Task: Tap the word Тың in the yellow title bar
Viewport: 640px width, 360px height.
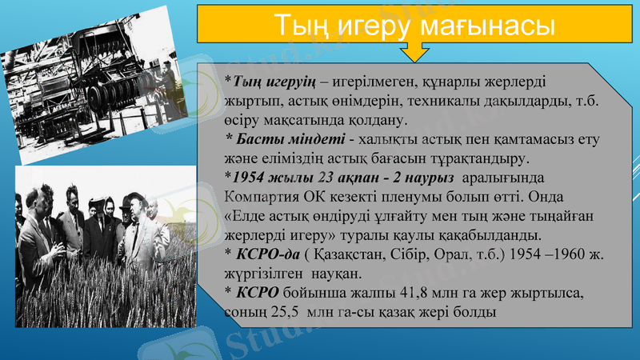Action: click(x=302, y=25)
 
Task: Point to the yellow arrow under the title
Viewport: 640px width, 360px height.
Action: click(x=415, y=52)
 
